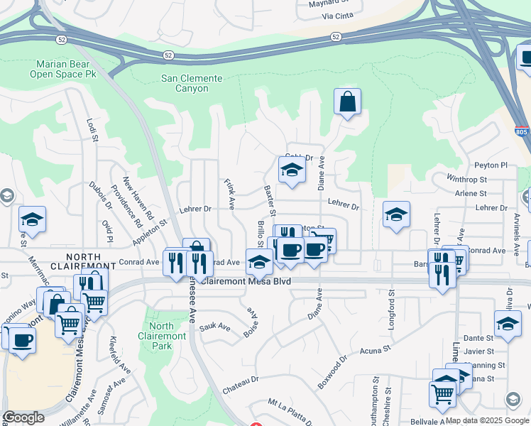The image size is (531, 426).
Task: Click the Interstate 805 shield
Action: [521, 131]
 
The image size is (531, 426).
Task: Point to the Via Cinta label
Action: [337, 14]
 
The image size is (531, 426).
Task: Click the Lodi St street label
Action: [91, 130]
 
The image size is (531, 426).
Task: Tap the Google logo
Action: [23, 417]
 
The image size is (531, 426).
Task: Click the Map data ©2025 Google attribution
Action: [487, 420]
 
